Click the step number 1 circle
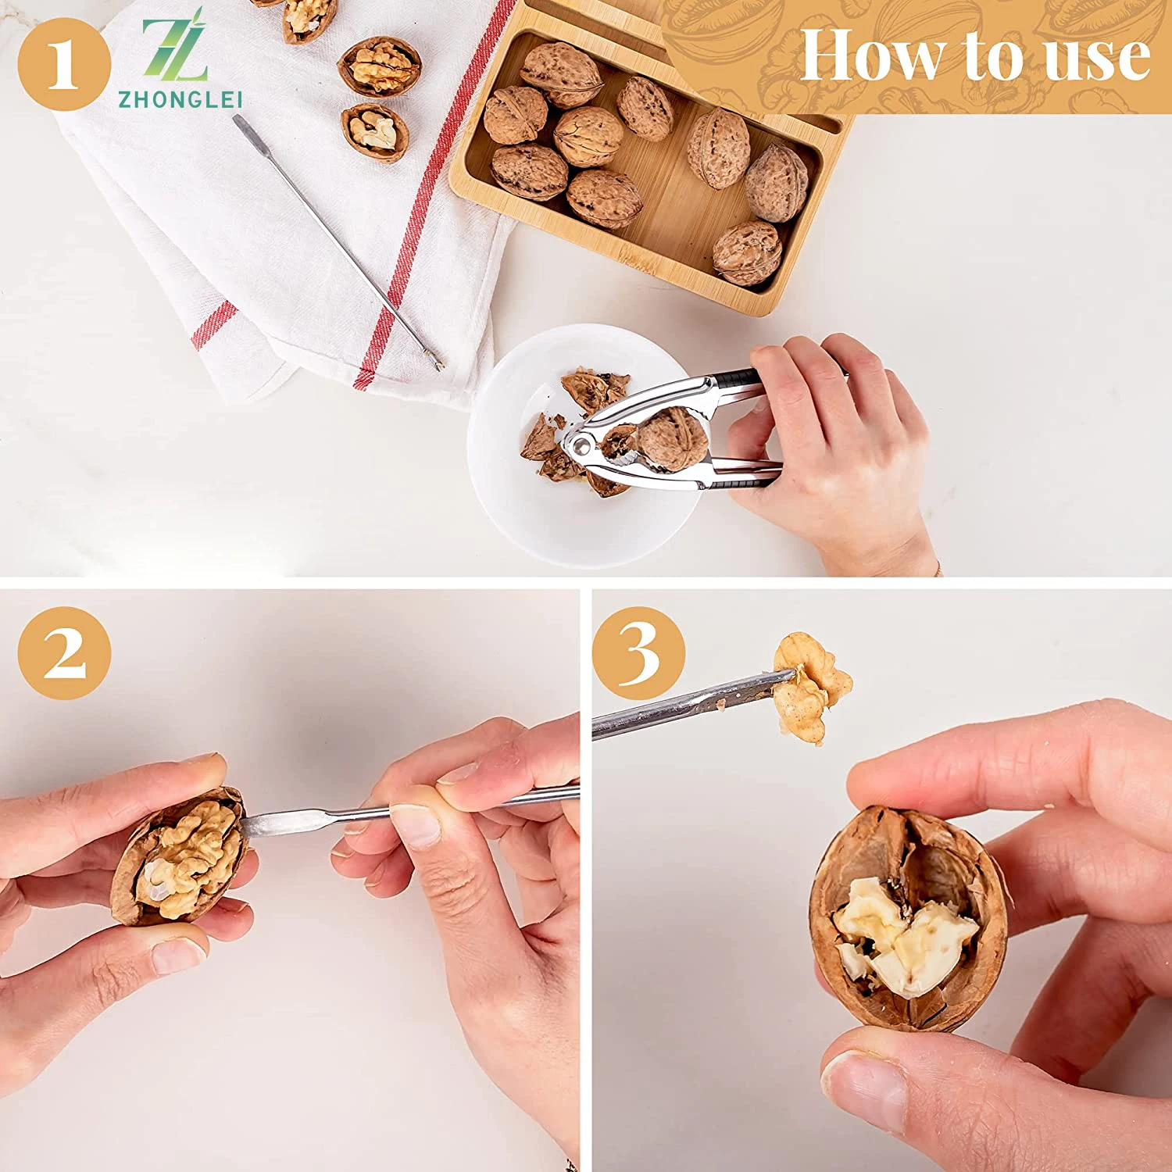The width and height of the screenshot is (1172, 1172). pos(63,64)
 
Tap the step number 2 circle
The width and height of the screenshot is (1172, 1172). pos(64,653)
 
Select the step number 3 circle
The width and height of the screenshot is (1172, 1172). pos(638,653)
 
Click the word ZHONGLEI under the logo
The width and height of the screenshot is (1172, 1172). pos(180,99)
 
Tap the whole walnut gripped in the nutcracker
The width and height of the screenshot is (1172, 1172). pos(672,440)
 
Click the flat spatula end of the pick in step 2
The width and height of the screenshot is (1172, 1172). pos(270,822)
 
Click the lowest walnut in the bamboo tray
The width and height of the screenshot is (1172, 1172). pos(747,253)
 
